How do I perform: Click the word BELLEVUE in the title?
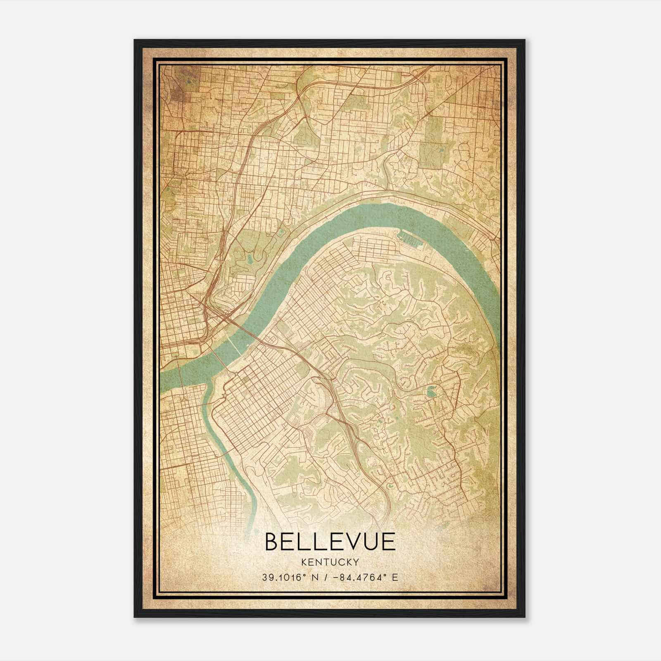(330, 542)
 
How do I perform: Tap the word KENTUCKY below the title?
(330, 562)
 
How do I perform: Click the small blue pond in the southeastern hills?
(432, 389)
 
